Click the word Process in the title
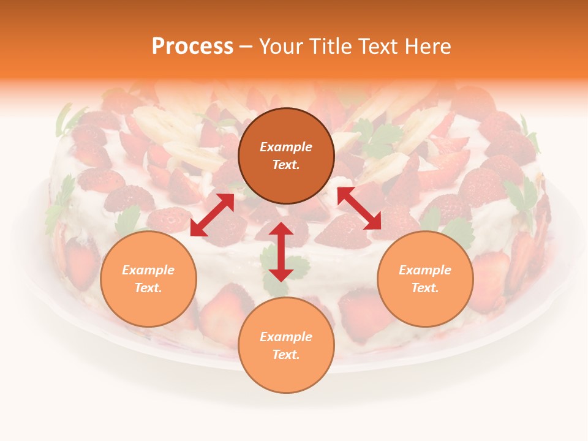[x=192, y=47]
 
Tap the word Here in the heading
[x=425, y=47]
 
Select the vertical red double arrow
[x=281, y=252]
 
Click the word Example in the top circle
[x=286, y=147]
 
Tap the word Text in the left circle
[x=148, y=288]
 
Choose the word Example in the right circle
[x=425, y=270]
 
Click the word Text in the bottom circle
[x=286, y=355]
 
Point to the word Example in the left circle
[x=148, y=270]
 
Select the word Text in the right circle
[x=425, y=288]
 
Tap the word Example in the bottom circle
[x=286, y=337]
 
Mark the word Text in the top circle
[x=286, y=165]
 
